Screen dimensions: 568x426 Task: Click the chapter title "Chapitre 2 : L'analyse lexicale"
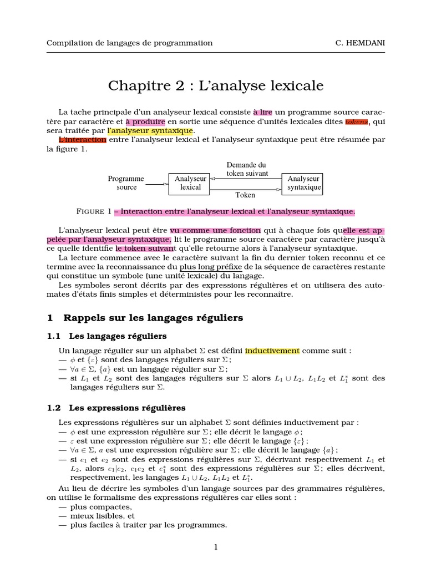(x=215, y=85)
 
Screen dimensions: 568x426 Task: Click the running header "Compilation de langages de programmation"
(x=129, y=43)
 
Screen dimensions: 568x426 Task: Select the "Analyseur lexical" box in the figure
(x=190, y=183)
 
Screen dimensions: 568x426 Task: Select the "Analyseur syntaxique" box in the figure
(x=303, y=183)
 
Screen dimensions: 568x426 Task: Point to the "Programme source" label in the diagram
(x=126, y=183)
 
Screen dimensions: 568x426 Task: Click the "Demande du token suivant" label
(x=247, y=169)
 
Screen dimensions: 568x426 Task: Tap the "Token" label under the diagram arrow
(x=245, y=195)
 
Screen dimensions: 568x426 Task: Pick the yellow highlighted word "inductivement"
(x=272, y=351)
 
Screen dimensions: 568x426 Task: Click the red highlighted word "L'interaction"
(x=82, y=140)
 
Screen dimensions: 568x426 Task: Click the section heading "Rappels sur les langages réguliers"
(x=153, y=318)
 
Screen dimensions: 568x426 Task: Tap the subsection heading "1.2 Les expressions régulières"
(x=116, y=408)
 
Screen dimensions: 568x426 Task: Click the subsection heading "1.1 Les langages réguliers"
(x=106, y=336)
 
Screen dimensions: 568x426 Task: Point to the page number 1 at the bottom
(x=216, y=547)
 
